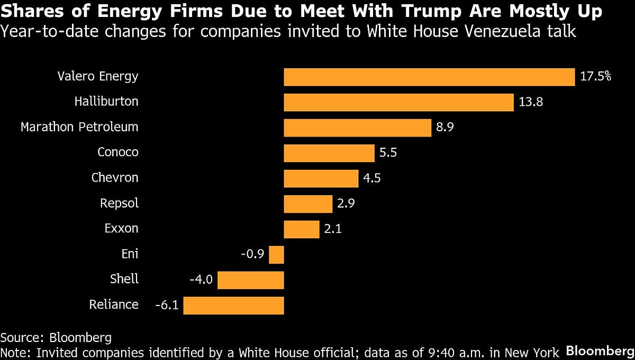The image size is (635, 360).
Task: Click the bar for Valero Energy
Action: [x=429, y=77]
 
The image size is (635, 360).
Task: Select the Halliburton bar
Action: [x=398, y=102]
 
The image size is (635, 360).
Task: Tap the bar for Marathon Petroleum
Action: [x=358, y=128]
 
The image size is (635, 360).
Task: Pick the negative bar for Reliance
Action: [x=234, y=305]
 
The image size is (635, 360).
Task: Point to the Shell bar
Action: [x=251, y=280]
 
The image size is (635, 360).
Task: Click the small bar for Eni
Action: [x=276, y=255]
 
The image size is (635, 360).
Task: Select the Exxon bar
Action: [x=301, y=229]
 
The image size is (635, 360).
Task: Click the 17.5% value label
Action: [x=595, y=77]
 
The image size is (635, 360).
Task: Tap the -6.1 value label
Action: [x=166, y=305]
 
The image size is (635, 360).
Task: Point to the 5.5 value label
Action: [x=388, y=153]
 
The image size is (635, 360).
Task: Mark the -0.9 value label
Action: [x=252, y=255]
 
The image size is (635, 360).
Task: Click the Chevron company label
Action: [x=115, y=178]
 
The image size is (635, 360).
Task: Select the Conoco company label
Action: [x=117, y=152]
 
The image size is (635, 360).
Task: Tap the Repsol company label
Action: [x=119, y=203]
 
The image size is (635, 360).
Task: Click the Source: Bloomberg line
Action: [x=56, y=338]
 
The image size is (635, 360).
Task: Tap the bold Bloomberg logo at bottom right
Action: [x=600, y=350]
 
